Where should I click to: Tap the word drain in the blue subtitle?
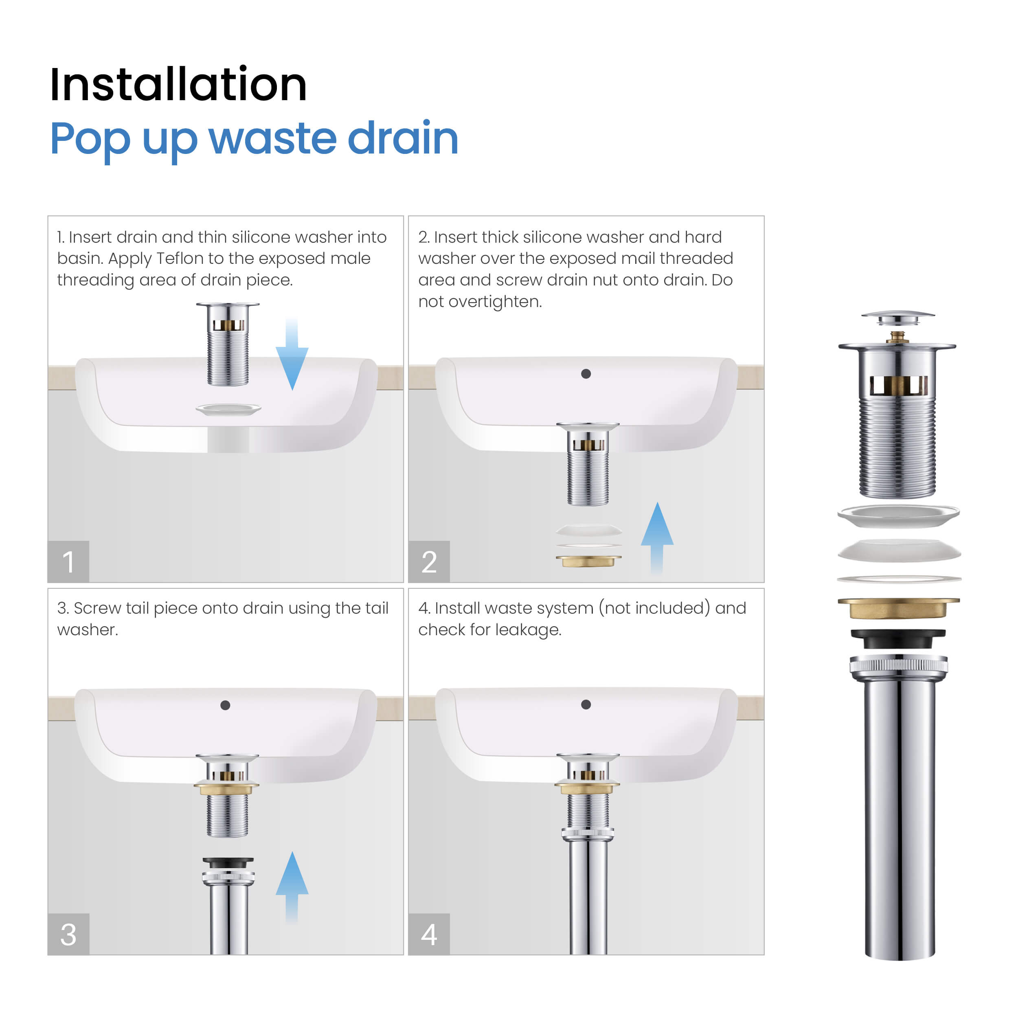coord(403,138)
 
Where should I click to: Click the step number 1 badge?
coord(68,561)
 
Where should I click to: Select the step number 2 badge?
coord(429,561)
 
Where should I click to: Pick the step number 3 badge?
coord(68,934)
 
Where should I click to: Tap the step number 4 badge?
coord(429,934)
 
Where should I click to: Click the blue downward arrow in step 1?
coord(292,353)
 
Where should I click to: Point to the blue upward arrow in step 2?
coord(657,538)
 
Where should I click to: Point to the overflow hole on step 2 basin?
coord(586,373)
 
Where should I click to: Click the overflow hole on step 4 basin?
coord(586,704)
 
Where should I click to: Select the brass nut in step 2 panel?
coord(588,561)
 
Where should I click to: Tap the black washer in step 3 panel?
coord(228,862)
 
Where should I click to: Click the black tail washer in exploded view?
coord(898,638)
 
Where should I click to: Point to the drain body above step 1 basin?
coord(228,344)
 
